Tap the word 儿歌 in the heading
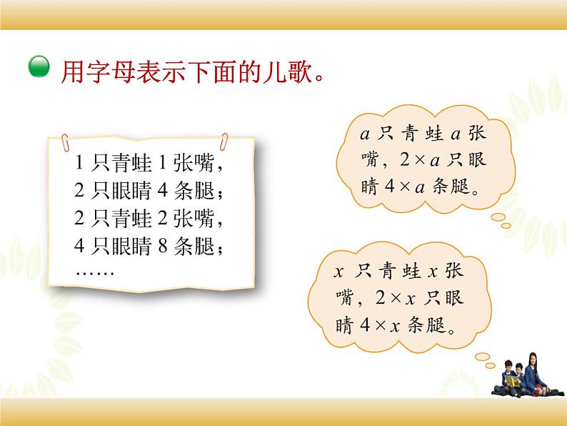pyautogui.click(x=286, y=71)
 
